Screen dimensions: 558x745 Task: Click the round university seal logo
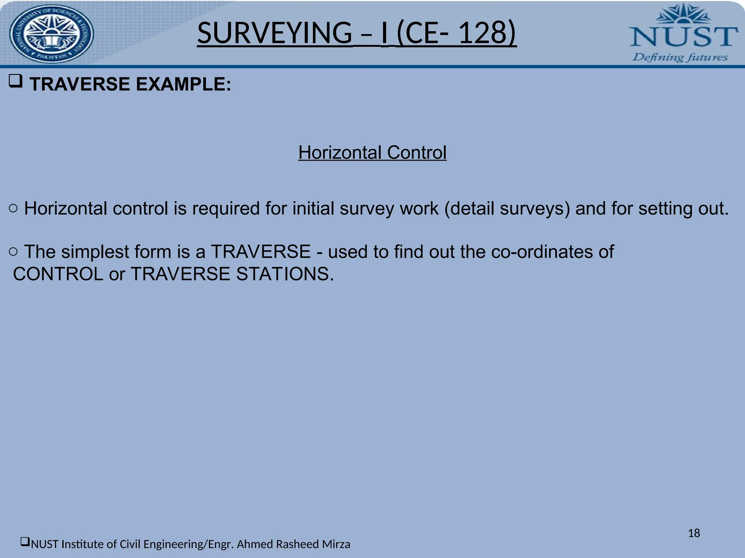pos(51,34)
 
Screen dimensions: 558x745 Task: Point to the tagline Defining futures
pos(680,57)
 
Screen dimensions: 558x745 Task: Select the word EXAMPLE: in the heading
pos(183,84)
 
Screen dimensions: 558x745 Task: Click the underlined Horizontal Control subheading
pos(372,153)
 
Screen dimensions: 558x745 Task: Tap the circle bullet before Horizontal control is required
pos(13,208)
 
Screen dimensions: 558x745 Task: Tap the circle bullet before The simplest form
pos(13,251)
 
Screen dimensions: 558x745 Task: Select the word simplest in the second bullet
pos(95,252)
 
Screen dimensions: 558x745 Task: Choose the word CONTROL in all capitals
pos(58,274)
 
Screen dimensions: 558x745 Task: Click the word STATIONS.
pos(284,274)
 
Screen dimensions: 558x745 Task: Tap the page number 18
pos(694,533)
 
